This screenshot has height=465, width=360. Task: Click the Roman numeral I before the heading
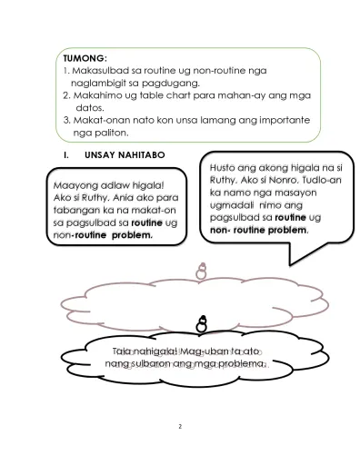point(65,155)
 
